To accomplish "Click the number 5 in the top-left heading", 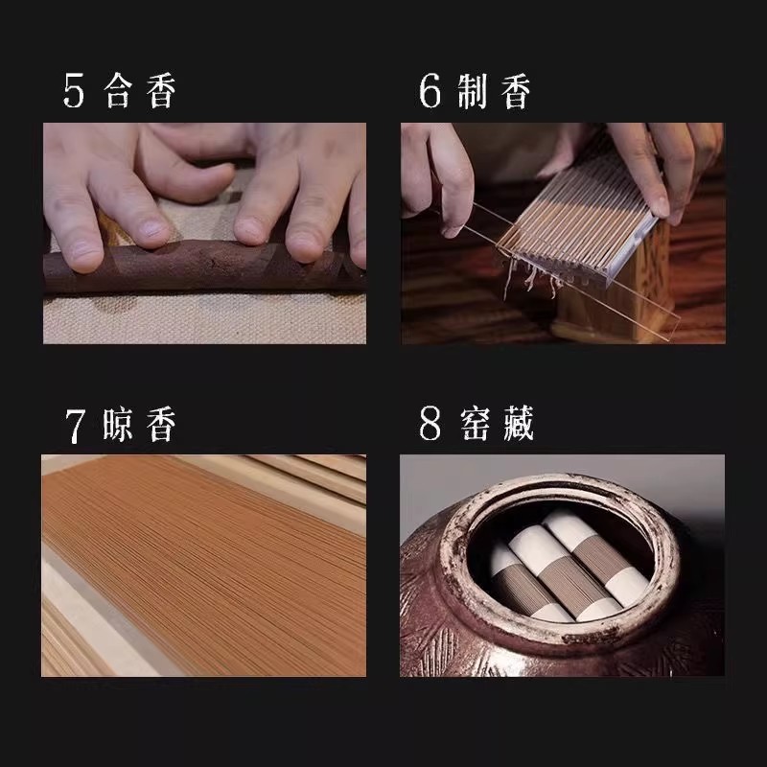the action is click(x=74, y=90).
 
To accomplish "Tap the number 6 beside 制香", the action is click(x=430, y=90).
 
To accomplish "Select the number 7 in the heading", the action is click(x=76, y=426).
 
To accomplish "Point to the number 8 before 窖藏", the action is click(x=430, y=424).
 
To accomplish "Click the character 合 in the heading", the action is click(x=118, y=90).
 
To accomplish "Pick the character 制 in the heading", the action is click(x=473, y=91).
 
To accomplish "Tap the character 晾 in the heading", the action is click(x=117, y=424).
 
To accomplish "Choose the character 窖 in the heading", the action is click(x=475, y=424).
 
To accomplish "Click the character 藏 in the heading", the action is click(x=518, y=424).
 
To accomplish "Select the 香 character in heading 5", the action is click(x=161, y=90).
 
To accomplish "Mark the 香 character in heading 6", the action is click(x=516, y=91).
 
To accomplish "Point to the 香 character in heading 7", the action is click(x=161, y=424).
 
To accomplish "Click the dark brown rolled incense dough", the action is click(x=203, y=267).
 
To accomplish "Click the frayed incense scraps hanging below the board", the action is click(x=530, y=282).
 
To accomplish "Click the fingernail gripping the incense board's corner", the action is click(x=662, y=207).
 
